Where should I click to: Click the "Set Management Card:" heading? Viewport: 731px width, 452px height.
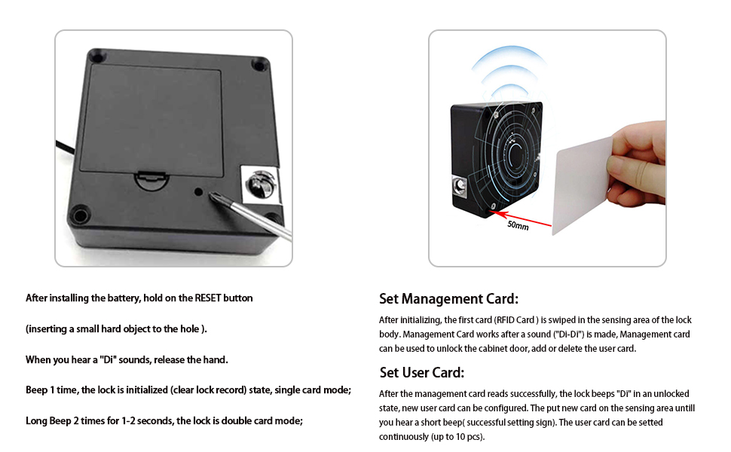coord(448,299)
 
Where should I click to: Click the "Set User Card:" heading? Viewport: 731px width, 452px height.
coord(421,373)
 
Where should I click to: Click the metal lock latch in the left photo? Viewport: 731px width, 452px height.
coord(258,182)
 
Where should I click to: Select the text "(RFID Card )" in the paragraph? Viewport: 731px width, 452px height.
coord(520,320)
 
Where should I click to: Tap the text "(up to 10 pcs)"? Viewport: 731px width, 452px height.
coord(458,437)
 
